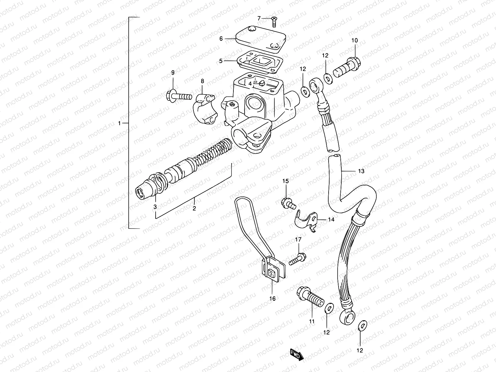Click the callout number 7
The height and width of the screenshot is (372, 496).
[259, 19]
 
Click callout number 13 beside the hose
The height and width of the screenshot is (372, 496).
[361, 171]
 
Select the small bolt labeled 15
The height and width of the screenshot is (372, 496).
[288, 203]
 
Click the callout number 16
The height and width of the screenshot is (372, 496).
[272, 299]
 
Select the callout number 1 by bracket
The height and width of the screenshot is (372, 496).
[119, 123]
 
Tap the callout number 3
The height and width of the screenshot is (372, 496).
[155, 206]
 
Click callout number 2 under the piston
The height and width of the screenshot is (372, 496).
[194, 208]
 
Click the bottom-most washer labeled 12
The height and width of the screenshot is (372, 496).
[361, 325]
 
